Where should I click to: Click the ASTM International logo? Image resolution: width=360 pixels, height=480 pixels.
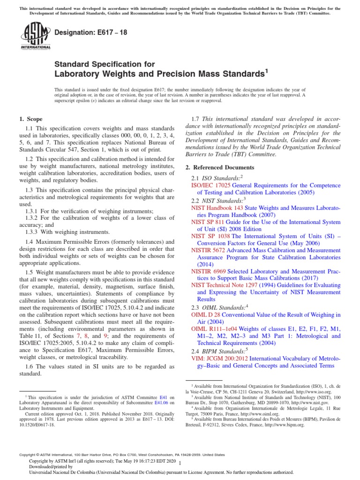35,36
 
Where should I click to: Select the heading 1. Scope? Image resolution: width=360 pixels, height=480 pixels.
31,119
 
